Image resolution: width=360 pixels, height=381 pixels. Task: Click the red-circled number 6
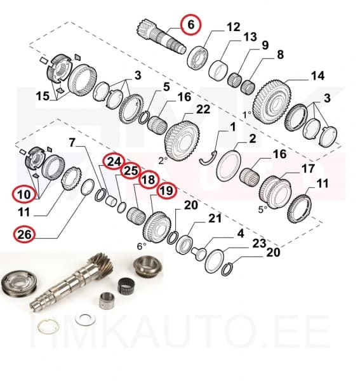pos(189,25)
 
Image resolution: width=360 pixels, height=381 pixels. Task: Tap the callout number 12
pos(234,27)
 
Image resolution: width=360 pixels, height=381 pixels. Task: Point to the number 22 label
pos(203,109)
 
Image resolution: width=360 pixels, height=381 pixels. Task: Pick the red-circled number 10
pos(24,192)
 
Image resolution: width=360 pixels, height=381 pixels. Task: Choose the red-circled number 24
pos(114,162)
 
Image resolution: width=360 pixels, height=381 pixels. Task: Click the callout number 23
pos(258,243)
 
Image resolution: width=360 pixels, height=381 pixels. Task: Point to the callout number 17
pos(308,169)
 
